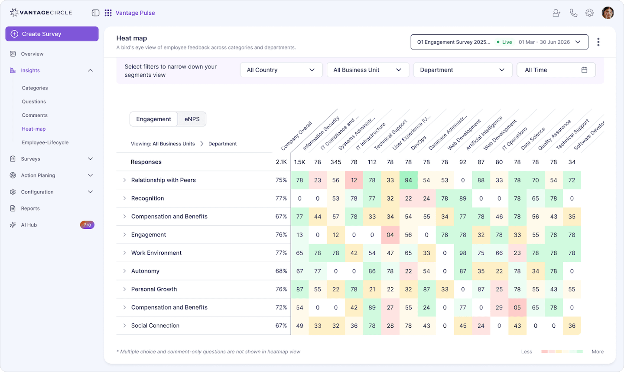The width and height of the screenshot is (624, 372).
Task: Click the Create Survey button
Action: pos(52,34)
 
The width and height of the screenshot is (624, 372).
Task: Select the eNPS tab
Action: pos(192,119)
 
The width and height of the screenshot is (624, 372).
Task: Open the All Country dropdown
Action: pos(281,70)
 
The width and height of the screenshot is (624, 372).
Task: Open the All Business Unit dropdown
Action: pos(367,70)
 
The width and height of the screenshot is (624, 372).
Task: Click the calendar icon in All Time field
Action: pos(584,70)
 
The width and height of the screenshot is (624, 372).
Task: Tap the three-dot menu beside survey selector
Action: pos(598,42)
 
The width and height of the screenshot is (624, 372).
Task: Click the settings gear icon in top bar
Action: pos(589,13)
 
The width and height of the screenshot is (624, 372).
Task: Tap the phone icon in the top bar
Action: pos(573,13)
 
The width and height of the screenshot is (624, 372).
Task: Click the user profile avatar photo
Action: pos(608,13)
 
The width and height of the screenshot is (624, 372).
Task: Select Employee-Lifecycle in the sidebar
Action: pos(45,142)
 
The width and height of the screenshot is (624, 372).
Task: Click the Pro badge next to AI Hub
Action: pos(87,225)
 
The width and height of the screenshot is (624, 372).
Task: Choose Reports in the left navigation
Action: pos(30,208)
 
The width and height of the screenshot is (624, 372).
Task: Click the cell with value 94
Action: pos(408,180)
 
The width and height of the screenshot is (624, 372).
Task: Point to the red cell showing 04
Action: pos(390,235)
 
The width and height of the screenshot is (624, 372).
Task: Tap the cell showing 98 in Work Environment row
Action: pos(463,253)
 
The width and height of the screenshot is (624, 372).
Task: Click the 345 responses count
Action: pos(336,162)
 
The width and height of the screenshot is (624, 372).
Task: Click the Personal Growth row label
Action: pos(154,289)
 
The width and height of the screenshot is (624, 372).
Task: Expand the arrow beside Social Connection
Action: pos(124,326)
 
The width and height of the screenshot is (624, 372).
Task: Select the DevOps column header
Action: pos(419,143)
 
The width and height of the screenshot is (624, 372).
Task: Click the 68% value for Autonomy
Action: pos(281,271)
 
